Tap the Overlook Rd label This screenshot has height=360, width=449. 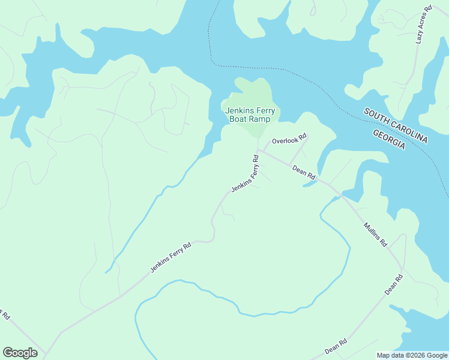289,141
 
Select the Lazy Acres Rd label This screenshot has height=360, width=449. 424,26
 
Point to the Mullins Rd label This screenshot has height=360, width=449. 375,236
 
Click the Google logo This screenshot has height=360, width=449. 20,353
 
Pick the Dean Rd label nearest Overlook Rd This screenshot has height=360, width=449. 304,173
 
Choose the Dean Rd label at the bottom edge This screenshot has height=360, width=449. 336,347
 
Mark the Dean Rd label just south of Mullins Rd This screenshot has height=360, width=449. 394,283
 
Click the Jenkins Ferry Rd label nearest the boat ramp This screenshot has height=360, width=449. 246,174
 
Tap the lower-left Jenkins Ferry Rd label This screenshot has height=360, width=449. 170,257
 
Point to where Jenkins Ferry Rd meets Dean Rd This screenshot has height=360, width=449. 258,150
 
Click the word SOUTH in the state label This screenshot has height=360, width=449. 376,116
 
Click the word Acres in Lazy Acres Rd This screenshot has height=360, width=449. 424,25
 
